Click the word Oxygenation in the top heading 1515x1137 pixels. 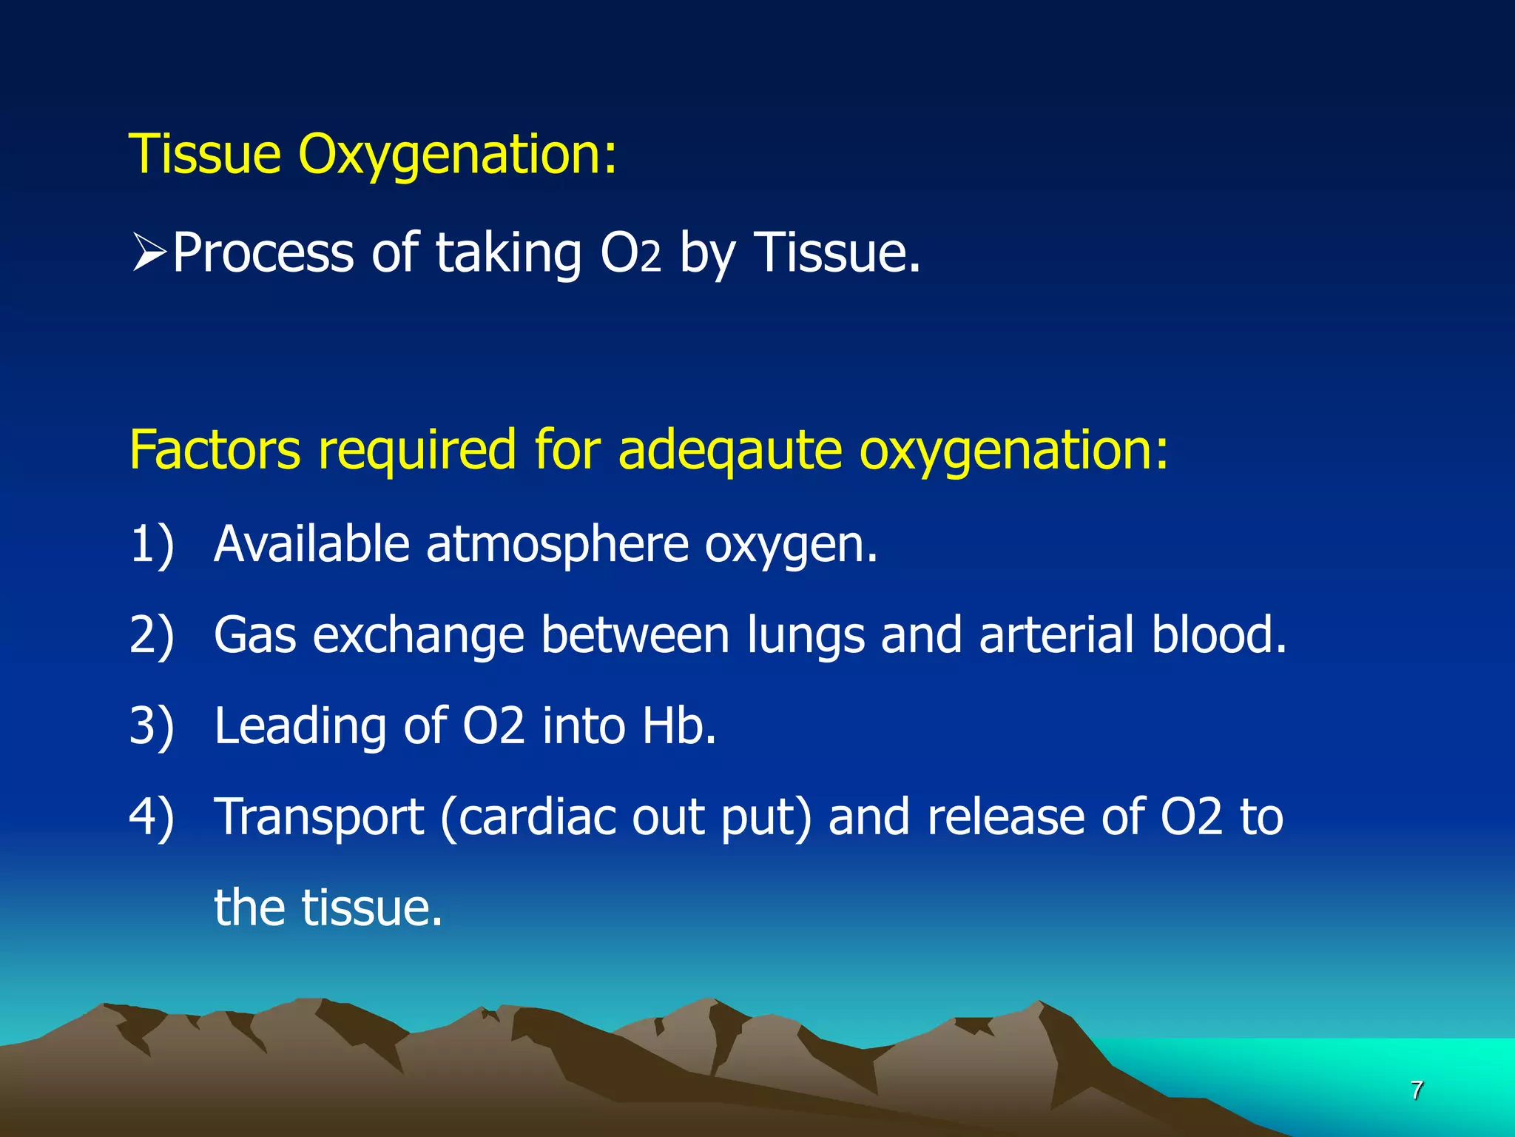click(457, 155)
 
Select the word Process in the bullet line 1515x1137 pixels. click(263, 253)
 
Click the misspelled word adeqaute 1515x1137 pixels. click(729, 450)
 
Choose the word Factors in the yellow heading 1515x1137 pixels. click(215, 449)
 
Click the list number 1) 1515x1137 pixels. click(152, 544)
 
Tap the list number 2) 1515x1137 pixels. click(152, 635)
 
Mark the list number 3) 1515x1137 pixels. click(152, 725)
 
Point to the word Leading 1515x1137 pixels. click(300, 727)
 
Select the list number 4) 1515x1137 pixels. click(152, 816)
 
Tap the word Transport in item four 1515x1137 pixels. click(319, 818)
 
